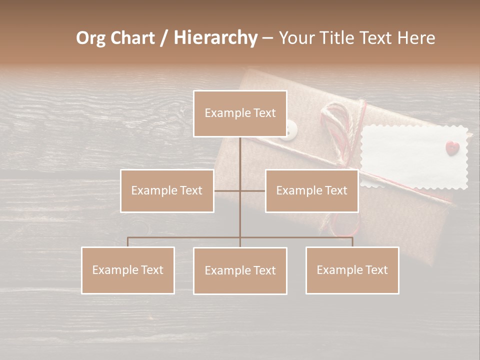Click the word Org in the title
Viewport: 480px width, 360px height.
point(90,38)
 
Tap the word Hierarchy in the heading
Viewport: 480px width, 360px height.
point(215,38)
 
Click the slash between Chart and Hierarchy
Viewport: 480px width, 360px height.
point(164,38)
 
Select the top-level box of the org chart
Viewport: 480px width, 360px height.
point(240,113)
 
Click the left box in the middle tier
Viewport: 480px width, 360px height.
point(167,190)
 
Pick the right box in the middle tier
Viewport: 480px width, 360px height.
point(311,190)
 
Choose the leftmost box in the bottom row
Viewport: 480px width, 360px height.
point(128,270)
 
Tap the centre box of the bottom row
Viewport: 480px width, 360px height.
point(240,270)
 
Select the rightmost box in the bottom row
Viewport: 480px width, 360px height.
point(352,270)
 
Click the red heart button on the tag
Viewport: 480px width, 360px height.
point(451,147)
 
